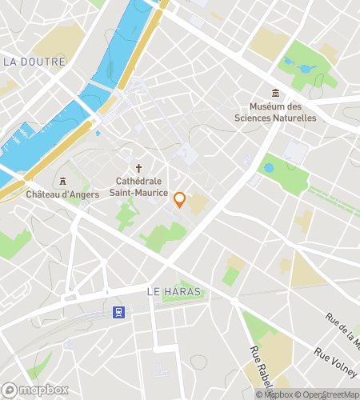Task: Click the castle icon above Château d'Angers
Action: (61, 179)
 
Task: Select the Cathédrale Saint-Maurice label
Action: (138, 186)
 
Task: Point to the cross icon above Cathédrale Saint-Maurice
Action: (138, 168)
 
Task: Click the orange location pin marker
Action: (180, 200)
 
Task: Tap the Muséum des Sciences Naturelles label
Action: (275, 113)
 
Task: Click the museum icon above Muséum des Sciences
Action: (275, 94)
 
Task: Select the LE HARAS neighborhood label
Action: (174, 292)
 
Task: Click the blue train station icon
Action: (118, 311)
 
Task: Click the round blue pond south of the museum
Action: (269, 168)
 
